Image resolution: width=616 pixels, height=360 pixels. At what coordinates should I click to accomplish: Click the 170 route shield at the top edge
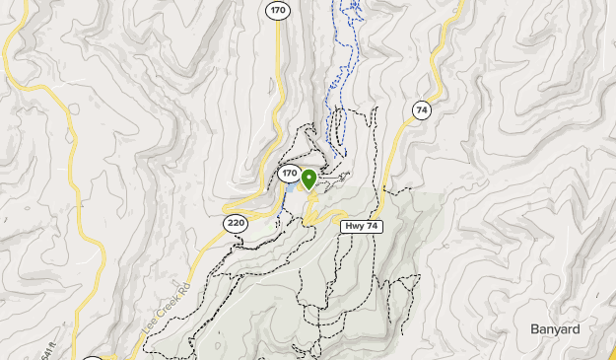pos(277,10)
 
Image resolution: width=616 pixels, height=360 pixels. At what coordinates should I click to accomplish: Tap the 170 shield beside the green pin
pos(289,174)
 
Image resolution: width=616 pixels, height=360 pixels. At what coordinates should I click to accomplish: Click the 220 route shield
pos(235,223)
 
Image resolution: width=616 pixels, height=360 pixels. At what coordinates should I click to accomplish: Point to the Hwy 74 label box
pos(361,226)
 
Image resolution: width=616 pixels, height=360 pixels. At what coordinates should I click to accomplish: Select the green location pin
pos(308,180)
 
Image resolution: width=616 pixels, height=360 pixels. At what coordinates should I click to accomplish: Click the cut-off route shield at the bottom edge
pos(92,358)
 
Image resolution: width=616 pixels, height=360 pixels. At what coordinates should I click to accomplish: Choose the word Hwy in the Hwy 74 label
pos(355,226)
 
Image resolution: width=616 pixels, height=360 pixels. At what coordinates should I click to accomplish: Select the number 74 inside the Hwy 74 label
pos(372,226)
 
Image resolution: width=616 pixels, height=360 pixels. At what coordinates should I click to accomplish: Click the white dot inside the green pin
pos(308,177)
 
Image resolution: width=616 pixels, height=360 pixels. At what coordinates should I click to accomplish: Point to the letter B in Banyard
pos(533,329)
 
